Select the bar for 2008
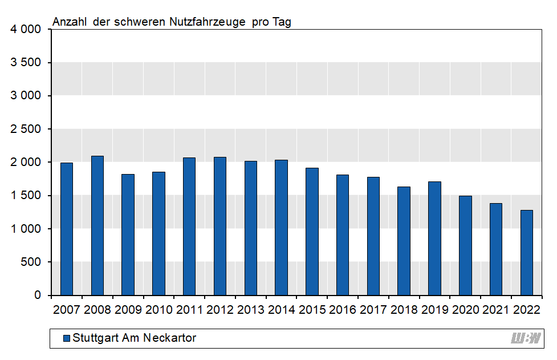(x=97, y=225)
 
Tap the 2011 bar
(x=189, y=226)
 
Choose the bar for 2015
(x=312, y=232)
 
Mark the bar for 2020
(x=465, y=245)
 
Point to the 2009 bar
(x=128, y=234)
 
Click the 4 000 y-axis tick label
(x=26, y=29)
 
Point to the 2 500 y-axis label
(x=26, y=129)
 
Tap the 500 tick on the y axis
(x=32, y=262)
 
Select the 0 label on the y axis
(x=38, y=295)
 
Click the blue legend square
(x=66, y=338)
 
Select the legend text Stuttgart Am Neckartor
(x=135, y=338)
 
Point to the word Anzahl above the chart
(x=70, y=22)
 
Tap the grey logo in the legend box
(x=525, y=338)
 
